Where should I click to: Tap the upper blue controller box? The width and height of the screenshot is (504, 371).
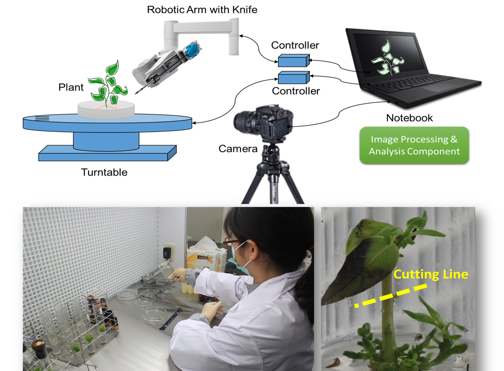[x=294, y=61]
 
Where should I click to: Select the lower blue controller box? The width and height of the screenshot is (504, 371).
[x=294, y=78]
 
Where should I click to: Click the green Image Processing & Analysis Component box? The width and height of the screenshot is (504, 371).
[x=414, y=145]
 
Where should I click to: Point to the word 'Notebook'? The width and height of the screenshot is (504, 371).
[x=409, y=118]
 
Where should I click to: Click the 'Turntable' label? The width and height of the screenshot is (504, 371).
[x=104, y=172]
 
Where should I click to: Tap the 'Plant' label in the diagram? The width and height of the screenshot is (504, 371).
[x=71, y=88]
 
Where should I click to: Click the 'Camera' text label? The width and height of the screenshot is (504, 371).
[x=238, y=148]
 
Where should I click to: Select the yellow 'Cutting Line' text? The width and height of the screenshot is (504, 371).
[x=431, y=275]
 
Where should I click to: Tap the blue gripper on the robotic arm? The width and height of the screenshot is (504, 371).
[x=194, y=50]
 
